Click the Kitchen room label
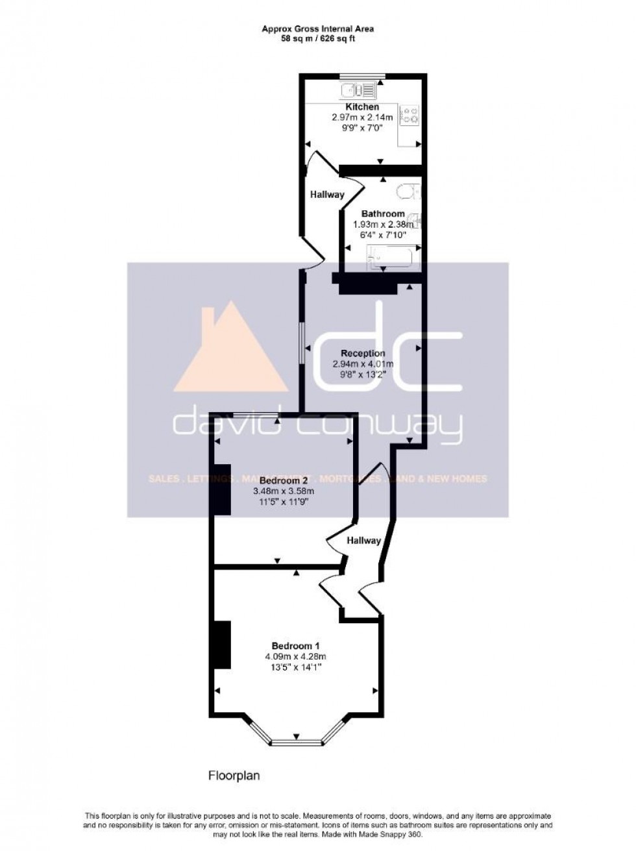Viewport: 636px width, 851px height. coord(362,107)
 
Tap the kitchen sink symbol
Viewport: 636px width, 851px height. coord(356,90)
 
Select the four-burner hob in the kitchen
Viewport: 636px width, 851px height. coord(410,116)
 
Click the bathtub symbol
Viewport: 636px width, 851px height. coord(393,258)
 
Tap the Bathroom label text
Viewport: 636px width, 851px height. coord(383,214)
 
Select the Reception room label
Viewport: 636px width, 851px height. coord(363,354)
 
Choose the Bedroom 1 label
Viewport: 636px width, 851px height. coord(295,646)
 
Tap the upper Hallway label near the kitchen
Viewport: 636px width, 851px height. coord(326,194)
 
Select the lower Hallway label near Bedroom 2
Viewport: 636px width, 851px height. coord(363,540)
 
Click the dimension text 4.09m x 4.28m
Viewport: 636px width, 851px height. coord(295,656)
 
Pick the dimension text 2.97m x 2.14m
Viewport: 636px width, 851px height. coord(362,117)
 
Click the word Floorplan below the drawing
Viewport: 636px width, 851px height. coord(234,775)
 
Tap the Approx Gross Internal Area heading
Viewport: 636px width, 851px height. coord(317,29)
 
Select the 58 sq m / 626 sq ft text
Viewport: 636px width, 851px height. coord(317,38)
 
